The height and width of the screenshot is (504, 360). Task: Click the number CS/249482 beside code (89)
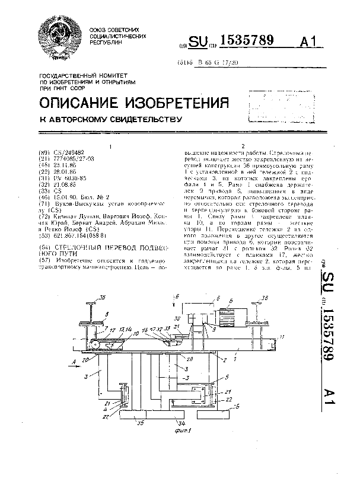click(x=70, y=152)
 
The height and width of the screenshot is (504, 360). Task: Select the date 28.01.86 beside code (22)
click(x=66, y=169)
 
